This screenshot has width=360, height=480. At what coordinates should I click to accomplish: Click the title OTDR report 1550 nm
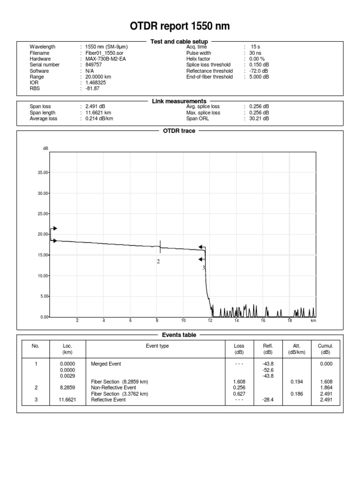180,27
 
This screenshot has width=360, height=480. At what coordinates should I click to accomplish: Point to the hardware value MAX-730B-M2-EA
105,59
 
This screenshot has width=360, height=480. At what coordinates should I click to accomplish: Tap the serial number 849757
93,65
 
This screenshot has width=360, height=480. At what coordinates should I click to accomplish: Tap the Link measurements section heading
179,101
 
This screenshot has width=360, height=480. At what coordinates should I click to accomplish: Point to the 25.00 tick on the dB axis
43,214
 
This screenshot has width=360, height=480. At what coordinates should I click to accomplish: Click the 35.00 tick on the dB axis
43,172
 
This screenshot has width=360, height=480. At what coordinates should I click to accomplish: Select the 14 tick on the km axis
237,321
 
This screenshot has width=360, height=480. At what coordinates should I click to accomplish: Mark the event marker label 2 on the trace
158,262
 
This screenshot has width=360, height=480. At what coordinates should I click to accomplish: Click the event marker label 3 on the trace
203,268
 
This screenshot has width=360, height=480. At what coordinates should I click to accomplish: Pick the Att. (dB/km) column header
297,349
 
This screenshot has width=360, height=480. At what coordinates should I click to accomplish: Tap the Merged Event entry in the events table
107,364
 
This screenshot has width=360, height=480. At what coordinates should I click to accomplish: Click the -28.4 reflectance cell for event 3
268,400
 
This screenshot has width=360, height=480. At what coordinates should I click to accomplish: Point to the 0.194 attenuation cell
297,382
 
